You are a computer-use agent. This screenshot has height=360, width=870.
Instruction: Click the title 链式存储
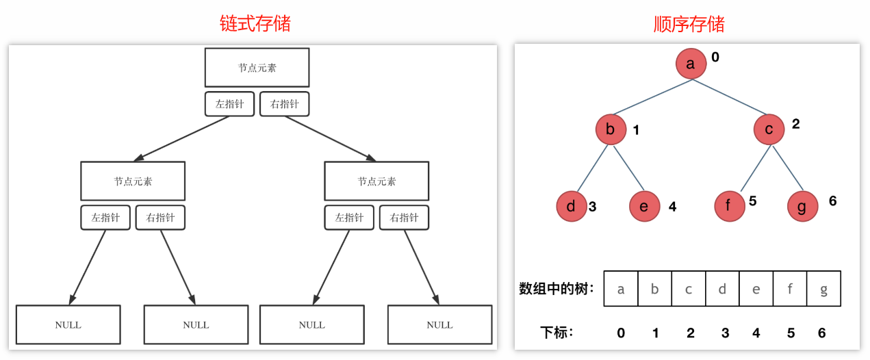(x=255, y=23)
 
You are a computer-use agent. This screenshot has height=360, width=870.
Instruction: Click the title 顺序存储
(x=689, y=25)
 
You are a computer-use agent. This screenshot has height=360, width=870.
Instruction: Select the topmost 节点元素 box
(x=257, y=68)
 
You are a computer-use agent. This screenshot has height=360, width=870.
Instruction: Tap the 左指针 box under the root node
(x=229, y=104)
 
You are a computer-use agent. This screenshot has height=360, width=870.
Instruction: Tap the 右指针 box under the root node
(x=285, y=104)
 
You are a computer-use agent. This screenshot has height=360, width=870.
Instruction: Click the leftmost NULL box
(x=68, y=324)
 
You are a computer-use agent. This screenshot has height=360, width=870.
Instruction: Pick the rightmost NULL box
(x=439, y=324)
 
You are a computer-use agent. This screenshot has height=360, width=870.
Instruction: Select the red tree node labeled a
(x=691, y=64)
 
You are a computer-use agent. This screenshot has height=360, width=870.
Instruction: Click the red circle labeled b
(x=611, y=130)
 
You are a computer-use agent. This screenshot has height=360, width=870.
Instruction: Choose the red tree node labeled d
(x=571, y=206)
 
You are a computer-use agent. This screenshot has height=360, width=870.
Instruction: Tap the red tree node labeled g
(x=802, y=206)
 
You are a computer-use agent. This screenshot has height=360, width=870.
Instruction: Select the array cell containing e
(x=756, y=289)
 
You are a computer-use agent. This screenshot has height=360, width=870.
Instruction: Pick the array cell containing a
(x=621, y=289)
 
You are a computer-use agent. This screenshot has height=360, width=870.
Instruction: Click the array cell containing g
(x=823, y=289)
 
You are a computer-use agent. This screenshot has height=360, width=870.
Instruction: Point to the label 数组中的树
(x=556, y=288)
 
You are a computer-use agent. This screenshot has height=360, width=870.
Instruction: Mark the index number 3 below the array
(x=725, y=333)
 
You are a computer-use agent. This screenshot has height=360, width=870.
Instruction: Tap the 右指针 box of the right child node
(x=404, y=218)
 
